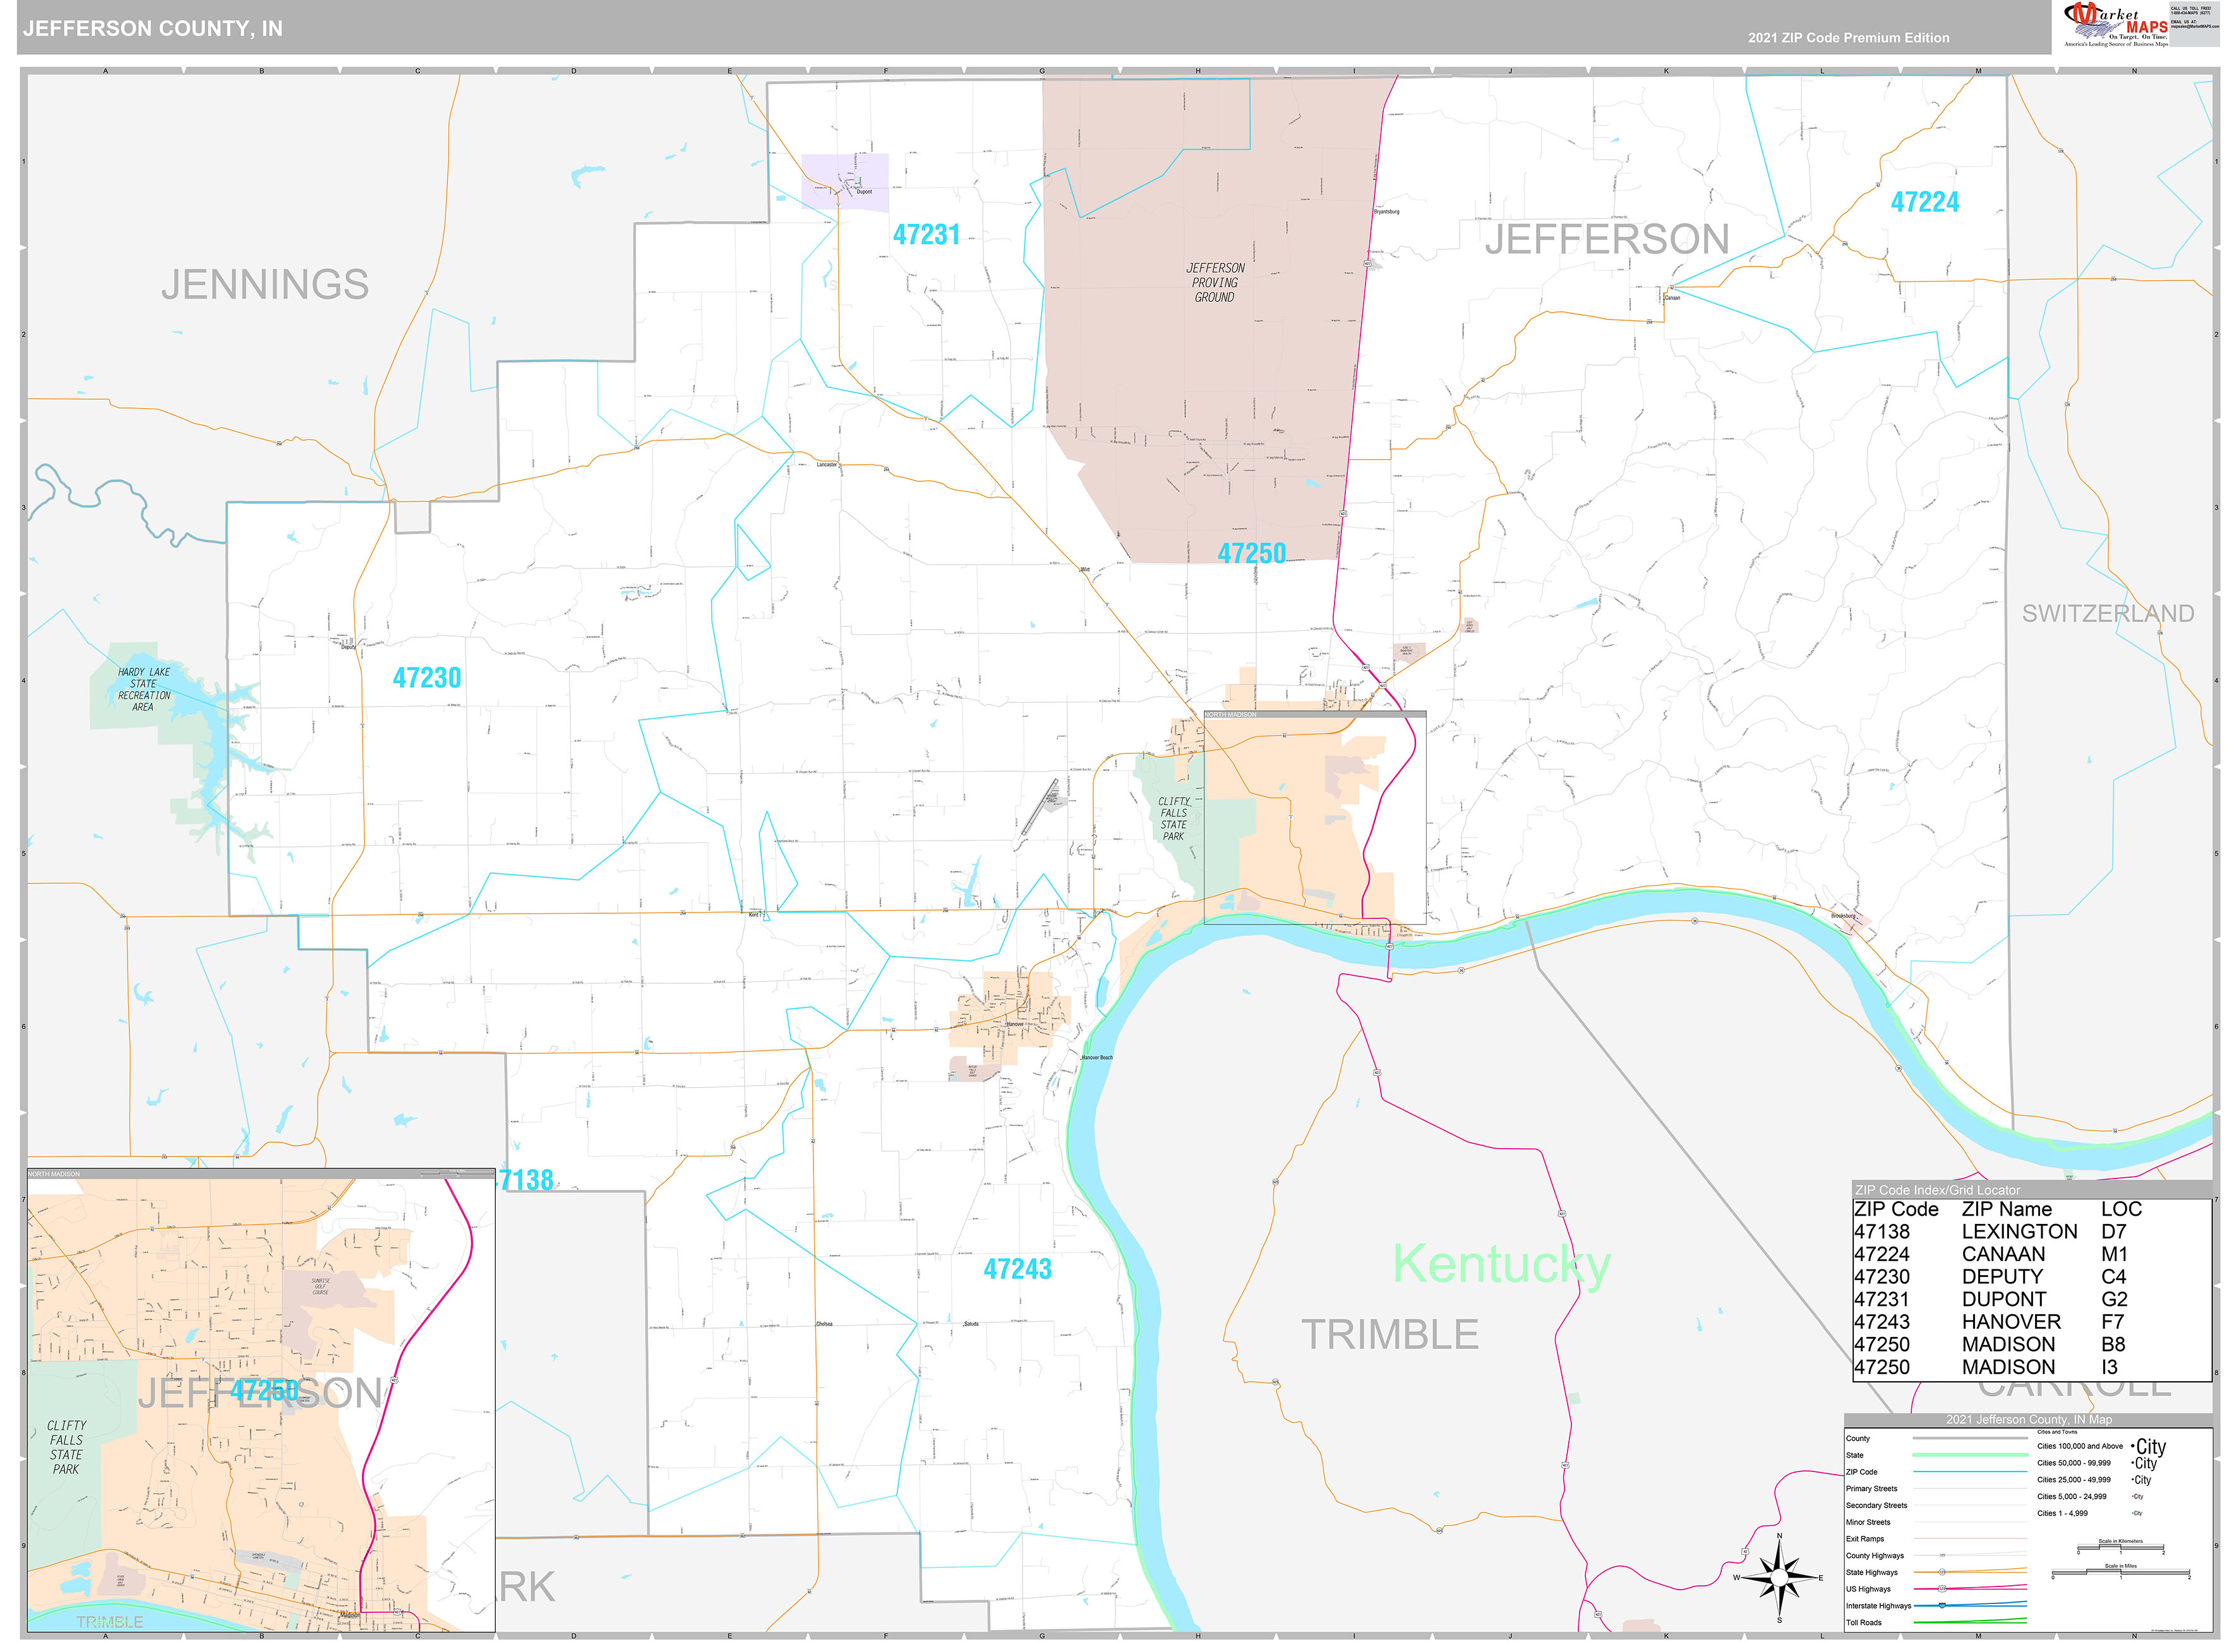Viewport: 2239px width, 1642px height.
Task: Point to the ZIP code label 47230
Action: pyautogui.click(x=428, y=678)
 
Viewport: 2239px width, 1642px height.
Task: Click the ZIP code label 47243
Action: pyautogui.click(x=1017, y=1269)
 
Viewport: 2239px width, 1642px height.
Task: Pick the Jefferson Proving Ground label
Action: pyautogui.click(x=1215, y=282)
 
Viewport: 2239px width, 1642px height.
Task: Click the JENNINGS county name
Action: pyautogui.click(x=265, y=285)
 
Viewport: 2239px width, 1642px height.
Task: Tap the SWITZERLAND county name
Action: pyautogui.click(x=2108, y=613)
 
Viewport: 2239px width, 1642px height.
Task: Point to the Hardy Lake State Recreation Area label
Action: pyautogui.click(x=144, y=689)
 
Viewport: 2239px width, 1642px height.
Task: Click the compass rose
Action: pyautogui.click(x=1779, y=1578)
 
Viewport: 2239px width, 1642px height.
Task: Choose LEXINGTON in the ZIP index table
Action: pyautogui.click(x=2019, y=1231)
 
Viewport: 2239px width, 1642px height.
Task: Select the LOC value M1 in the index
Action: pyautogui.click(x=2114, y=1254)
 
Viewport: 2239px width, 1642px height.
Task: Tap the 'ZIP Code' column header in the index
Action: pyautogui.click(x=1896, y=1209)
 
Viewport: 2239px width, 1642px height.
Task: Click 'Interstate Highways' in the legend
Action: pyautogui.click(x=1878, y=1605)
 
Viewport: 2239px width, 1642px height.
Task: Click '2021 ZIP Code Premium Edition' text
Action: pyautogui.click(x=1849, y=38)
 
